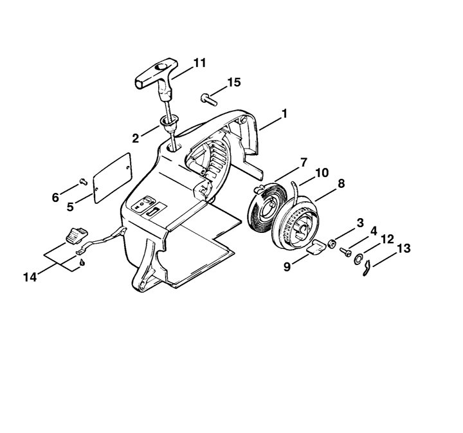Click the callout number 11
point(199,63)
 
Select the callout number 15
point(234,82)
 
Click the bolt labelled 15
point(209,99)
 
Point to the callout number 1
point(284,114)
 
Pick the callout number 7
point(304,162)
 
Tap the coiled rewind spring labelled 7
point(264,207)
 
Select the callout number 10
point(322,173)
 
